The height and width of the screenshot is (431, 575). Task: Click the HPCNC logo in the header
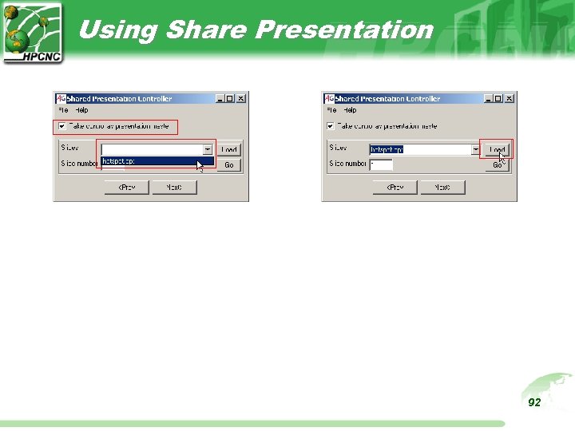coord(32,31)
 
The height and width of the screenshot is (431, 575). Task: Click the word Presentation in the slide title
coord(344,30)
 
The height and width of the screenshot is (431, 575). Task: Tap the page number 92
coord(534,402)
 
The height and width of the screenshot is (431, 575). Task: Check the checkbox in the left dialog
coord(61,126)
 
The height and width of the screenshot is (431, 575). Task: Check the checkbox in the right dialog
coord(329,126)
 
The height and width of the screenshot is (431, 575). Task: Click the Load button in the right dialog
coord(497,149)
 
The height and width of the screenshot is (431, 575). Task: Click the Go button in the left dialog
coord(228,164)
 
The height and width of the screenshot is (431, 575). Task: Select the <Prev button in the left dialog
coord(127,187)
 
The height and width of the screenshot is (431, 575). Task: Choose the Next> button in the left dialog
coord(173,187)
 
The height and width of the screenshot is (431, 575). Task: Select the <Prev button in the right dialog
coord(395,187)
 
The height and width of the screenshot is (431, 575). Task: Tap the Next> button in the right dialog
coord(442,187)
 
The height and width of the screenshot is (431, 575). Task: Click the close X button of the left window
coord(240,99)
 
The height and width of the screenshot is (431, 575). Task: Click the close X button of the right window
coord(509,99)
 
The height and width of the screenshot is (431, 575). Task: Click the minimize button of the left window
coord(220,99)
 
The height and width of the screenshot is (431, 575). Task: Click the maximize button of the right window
coord(498,99)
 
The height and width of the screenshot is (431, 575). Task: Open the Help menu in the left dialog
coord(81,110)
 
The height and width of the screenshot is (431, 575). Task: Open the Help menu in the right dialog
coord(350,110)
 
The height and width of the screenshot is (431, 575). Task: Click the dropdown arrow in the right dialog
coord(476,149)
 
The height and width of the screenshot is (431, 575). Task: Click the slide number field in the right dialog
coord(380,164)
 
